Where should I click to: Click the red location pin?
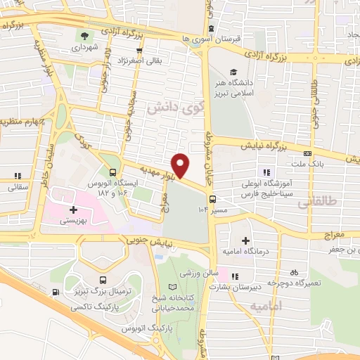(181, 166)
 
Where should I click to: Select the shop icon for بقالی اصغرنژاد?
(141, 51)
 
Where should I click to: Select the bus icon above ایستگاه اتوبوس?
(113, 172)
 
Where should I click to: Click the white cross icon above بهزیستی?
(73, 209)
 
